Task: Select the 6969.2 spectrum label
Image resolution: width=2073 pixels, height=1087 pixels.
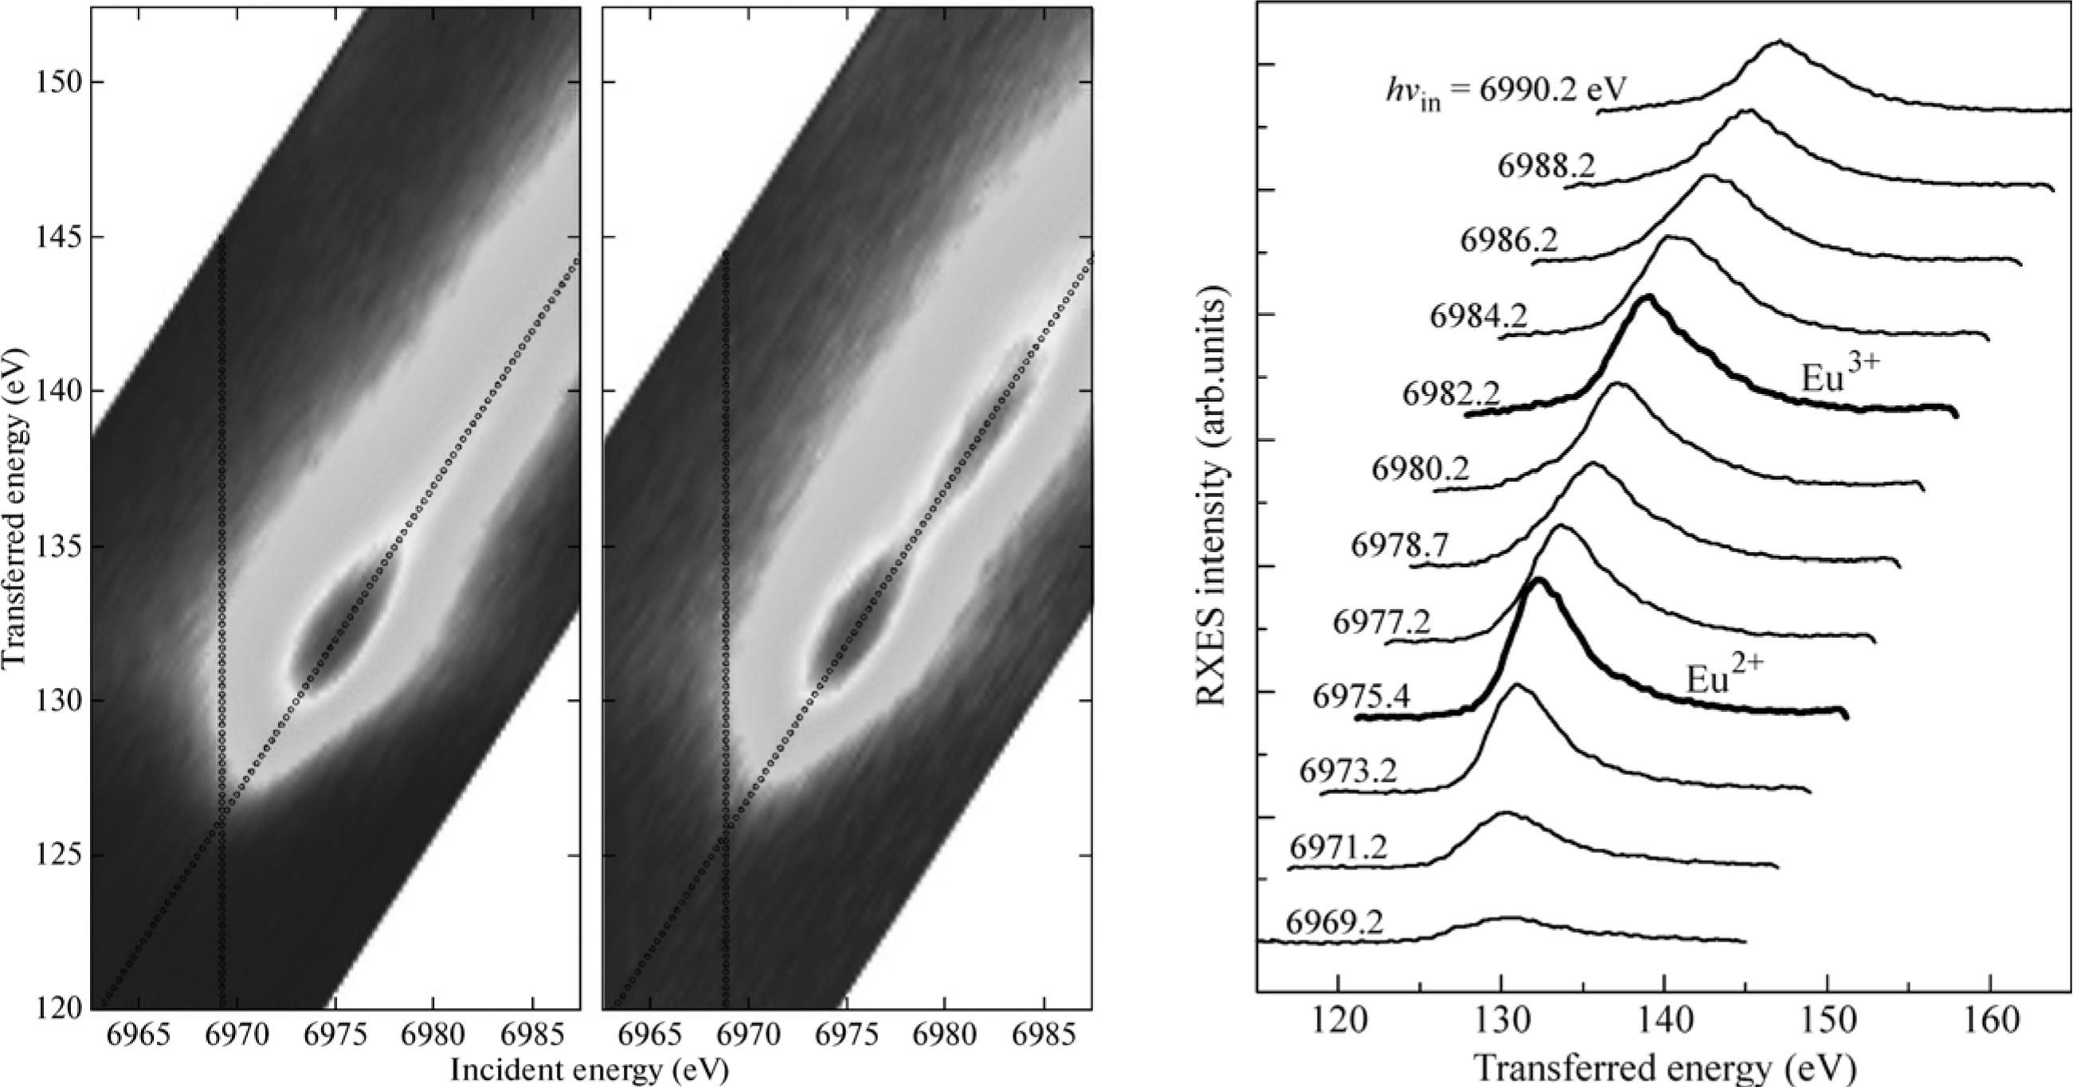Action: [x=1334, y=922]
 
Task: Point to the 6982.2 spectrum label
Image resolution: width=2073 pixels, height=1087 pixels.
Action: [x=1451, y=395]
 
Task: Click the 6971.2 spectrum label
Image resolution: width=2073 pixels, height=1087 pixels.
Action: [x=1338, y=848]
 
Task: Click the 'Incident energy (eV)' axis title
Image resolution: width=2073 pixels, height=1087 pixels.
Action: [x=589, y=1070]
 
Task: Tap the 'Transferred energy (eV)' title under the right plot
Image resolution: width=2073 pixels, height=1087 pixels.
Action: [x=1665, y=1069]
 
